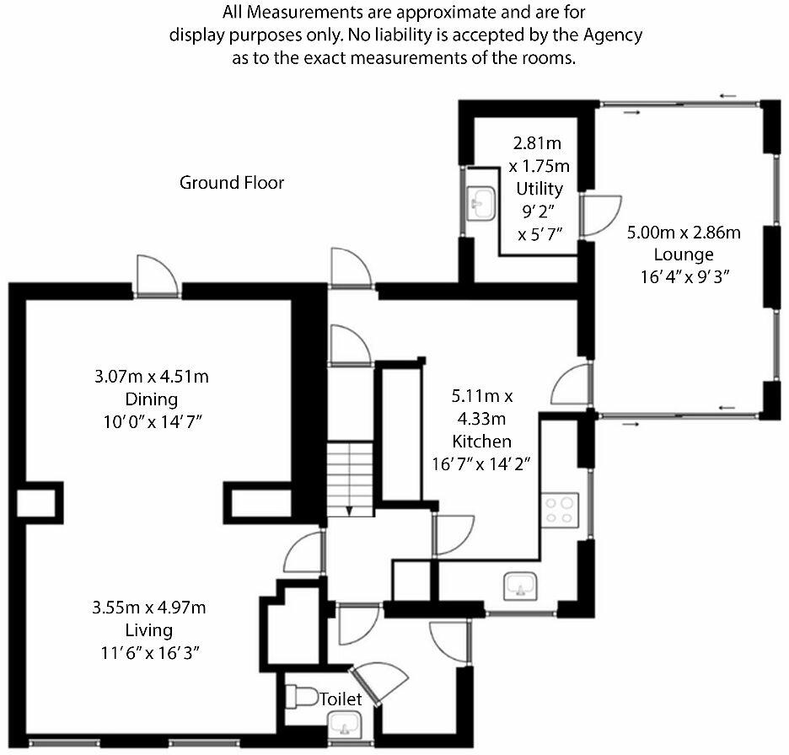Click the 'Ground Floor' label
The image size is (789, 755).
click(232, 182)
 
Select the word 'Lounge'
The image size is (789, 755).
click(683, 254)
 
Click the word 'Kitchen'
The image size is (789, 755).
click(481, 442)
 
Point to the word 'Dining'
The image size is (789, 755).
click(151, 398)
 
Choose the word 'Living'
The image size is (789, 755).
click(149, 629)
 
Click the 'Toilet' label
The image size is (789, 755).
click(341, 699)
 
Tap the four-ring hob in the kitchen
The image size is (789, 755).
click(561, 507)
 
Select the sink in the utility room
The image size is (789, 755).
click(482, 201)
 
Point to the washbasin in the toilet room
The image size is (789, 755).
click(344, 724)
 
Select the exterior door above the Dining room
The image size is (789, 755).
click(158, 276)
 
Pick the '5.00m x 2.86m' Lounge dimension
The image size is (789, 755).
click(683, 233)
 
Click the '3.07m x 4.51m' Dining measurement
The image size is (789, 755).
click(151, 376)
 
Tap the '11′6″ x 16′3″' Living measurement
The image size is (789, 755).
click(149, 651)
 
